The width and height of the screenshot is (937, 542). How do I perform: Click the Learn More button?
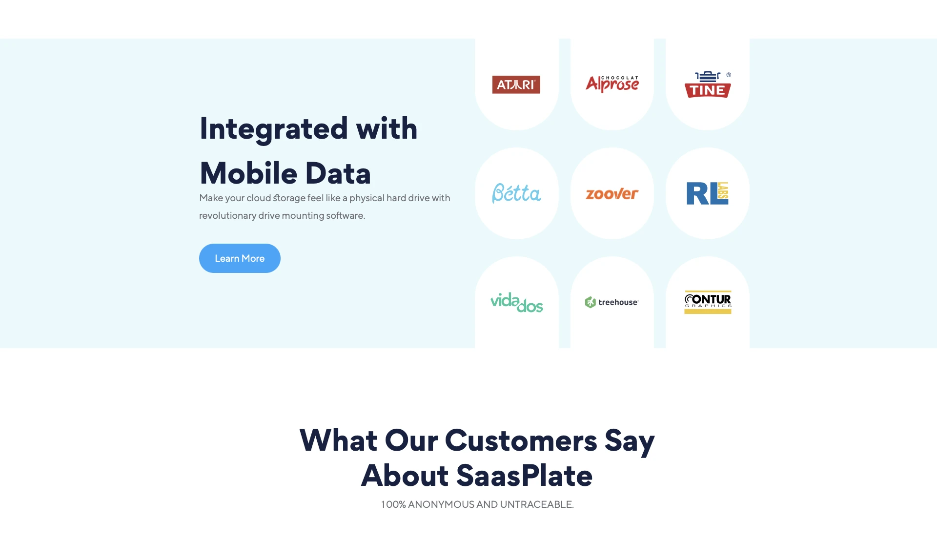coord(240,258)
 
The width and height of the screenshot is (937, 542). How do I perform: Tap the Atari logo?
coord(516,84)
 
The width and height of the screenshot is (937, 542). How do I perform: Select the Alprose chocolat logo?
coord(612,84)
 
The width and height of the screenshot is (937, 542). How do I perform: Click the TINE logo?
coord(708,84)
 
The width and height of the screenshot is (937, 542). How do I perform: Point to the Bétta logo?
coord(516,193)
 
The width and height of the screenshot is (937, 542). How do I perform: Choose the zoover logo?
coord(612,194)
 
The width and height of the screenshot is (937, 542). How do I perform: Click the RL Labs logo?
coord(708,193)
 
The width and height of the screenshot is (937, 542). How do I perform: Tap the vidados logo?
coord(517,302)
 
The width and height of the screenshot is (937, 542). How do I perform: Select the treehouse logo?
coord(612,302)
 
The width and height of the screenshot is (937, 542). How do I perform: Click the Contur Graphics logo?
coord(708,302)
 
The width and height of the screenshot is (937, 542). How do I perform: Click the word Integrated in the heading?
coord(274,129)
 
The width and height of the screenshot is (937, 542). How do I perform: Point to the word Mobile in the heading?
coord(248,173)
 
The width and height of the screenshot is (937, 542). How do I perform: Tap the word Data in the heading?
coord(338,173)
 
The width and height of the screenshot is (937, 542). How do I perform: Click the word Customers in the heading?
coord(521,440)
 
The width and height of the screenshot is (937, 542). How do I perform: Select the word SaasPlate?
coord(524,476)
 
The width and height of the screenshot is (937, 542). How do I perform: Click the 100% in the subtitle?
coord(393,504)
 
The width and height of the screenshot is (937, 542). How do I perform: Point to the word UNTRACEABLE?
coord(537,504)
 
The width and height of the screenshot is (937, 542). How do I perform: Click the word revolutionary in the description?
coord(227,215)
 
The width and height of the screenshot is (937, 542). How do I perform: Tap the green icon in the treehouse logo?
coord(591,302)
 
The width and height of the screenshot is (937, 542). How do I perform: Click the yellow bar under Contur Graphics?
coord(708,312)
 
